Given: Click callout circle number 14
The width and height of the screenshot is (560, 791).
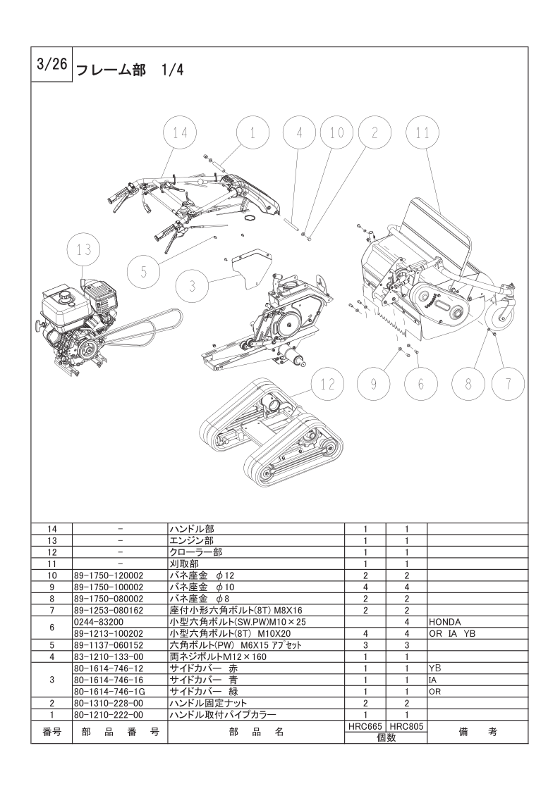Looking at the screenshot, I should [181, 132].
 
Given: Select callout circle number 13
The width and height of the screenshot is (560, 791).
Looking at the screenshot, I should [84, 249].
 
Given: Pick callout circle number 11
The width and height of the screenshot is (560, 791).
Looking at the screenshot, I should [422, 132].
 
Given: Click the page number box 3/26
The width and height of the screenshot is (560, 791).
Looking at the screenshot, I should [51, 65].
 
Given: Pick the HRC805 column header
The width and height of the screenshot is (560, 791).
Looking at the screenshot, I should [407, 725].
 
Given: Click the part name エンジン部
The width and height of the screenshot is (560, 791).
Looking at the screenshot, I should [190, 541].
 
